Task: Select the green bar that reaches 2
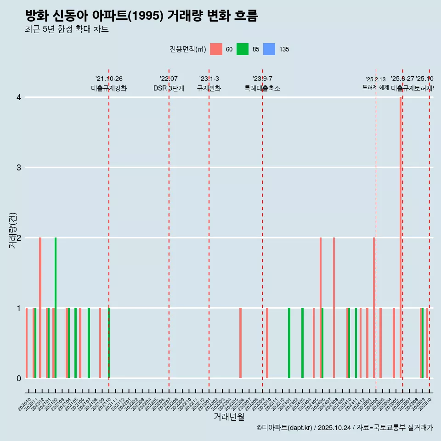click(56, 308)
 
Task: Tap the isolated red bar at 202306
click(240, 343)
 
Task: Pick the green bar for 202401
click(289, 343)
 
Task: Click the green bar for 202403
click(302, 343)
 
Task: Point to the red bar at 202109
click(100, 343)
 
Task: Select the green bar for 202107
click(89, 343)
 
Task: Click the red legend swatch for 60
click(216, 49)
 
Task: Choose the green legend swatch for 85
click(243, 49)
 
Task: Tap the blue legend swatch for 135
click(269, 49)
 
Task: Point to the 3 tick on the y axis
click(19, 167)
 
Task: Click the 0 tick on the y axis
click(19, 378)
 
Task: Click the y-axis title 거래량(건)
click(12, 230)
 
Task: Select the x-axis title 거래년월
click(229, 417)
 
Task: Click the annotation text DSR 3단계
click(169, 88)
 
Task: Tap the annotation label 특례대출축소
click(262, 88)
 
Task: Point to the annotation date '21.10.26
click(109, 79)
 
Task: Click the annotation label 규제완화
click(209, 88)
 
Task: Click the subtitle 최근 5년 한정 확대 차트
click(67, 29)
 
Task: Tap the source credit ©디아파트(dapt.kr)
click(285, 428)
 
